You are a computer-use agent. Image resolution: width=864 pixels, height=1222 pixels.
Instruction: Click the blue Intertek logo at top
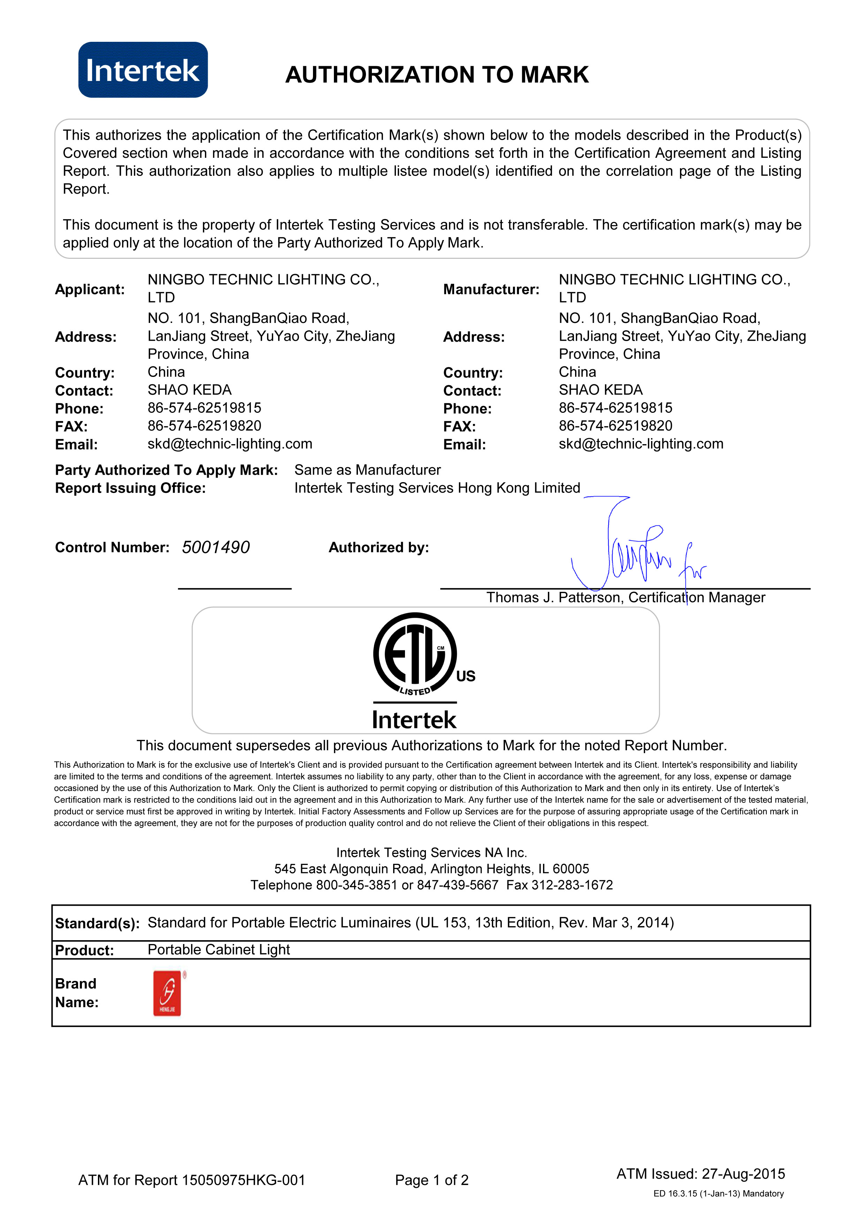click(x=143, y=70)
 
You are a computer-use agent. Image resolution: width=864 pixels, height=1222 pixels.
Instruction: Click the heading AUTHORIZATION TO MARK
click(x=436, y=75)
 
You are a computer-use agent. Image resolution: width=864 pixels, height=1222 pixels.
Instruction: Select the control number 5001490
click(x=216, y=547)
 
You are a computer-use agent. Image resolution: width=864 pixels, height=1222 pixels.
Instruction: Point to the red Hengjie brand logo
click(x=167, y=993)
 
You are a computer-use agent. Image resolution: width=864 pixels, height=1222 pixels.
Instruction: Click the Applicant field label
click(x=90, y=289)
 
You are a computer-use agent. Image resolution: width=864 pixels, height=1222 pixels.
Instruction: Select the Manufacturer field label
click(x=491, y=289)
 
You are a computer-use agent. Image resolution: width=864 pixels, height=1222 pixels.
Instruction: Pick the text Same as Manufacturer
click(x=367, y=470)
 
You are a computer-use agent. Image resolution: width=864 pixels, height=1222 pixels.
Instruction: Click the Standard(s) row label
click(x=97, y=923)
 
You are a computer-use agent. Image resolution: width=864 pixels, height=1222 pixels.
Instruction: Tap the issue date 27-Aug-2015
click(x=743, y=1174)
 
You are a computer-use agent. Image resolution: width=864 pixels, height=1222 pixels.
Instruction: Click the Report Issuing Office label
click(x=130, y=488)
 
